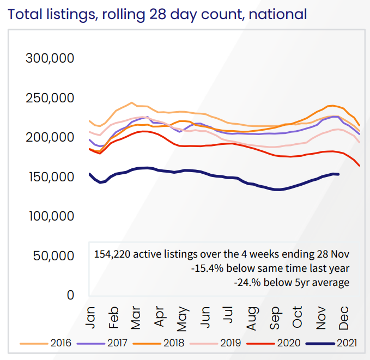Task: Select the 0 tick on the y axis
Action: point(70,295)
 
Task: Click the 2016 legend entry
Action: point(60,344)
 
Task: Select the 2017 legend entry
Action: point(116,344)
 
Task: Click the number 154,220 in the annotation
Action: point(112,254)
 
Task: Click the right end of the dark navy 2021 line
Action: point(339,174)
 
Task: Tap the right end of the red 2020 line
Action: point(360,165)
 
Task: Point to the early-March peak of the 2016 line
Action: point(132,102)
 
